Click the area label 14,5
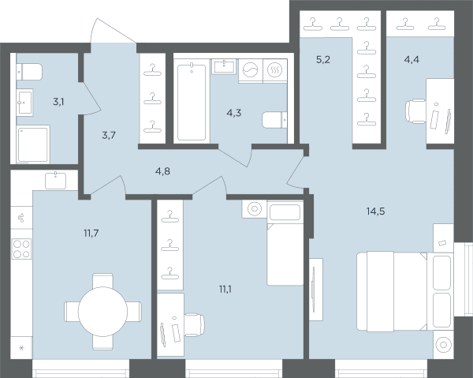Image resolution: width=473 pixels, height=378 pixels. pyautogui.click(x=375, y=211)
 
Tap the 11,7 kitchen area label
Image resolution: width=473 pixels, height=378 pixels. pyautogui.click(x=91, y=233)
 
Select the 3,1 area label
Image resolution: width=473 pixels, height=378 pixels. pyautogui.click(x=58, y=102)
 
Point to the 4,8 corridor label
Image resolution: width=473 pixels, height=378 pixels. pyautogui.click(x=162, y=171)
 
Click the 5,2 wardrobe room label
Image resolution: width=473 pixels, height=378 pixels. pyautogui.click(x=323, y=60)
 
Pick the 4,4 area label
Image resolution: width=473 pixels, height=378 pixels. pyautogui.click(x=412, y=60)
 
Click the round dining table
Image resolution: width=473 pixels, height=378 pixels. pyautogui.click(x=102, y=312)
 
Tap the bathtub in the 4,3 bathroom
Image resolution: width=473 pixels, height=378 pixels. pyautogui.click(x=192, y=101)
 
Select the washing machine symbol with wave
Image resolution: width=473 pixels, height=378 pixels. pyautogui.click(x=251, y=70)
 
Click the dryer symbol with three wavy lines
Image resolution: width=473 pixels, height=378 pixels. pyautogui.click(x=275, y=70)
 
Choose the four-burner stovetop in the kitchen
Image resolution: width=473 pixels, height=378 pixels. pyautogui.click(x=22, y=249)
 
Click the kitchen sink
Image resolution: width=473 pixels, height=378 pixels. pyautogui.click(x=55, y=181)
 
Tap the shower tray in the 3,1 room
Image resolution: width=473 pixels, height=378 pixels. pyautogui.click(x=33, y=144)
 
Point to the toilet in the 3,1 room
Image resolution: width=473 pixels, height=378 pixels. pyautogui.click(x=29, y=72)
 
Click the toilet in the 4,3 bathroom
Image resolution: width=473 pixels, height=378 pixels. pyautogui.click(x=274, y=121)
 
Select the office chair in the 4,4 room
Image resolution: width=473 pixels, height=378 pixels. pyautogui.click(x=415, y=111)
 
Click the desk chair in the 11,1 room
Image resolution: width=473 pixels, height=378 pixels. pyautogui.click(x=194, y=325)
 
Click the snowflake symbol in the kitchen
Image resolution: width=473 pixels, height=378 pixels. pyautogui.click(x=21, y=348)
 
